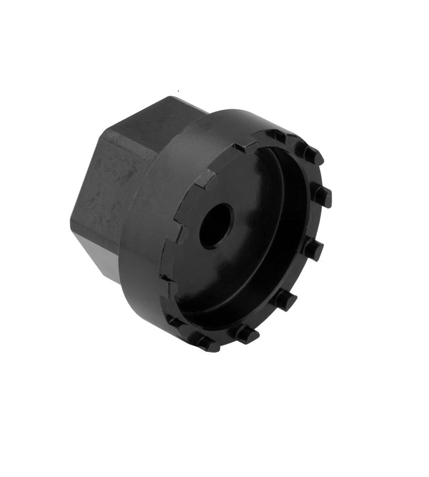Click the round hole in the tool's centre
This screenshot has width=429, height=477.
pyautogui.click(x=216, y=226)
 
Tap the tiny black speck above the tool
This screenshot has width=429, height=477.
pyautogui.click(x=178, y=91)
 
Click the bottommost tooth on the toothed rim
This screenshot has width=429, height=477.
pyautogui.click(x=209, y=343)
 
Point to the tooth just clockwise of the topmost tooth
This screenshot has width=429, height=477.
pyautogui.click(x=312, y=155)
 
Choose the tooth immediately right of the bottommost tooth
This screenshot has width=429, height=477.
pyautogui.click(x=247, y=334)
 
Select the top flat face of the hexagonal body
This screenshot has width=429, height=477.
pyautogui.click(x=157, y=122)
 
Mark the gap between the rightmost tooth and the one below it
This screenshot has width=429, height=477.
pyautogui.click(x=320, y=222)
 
